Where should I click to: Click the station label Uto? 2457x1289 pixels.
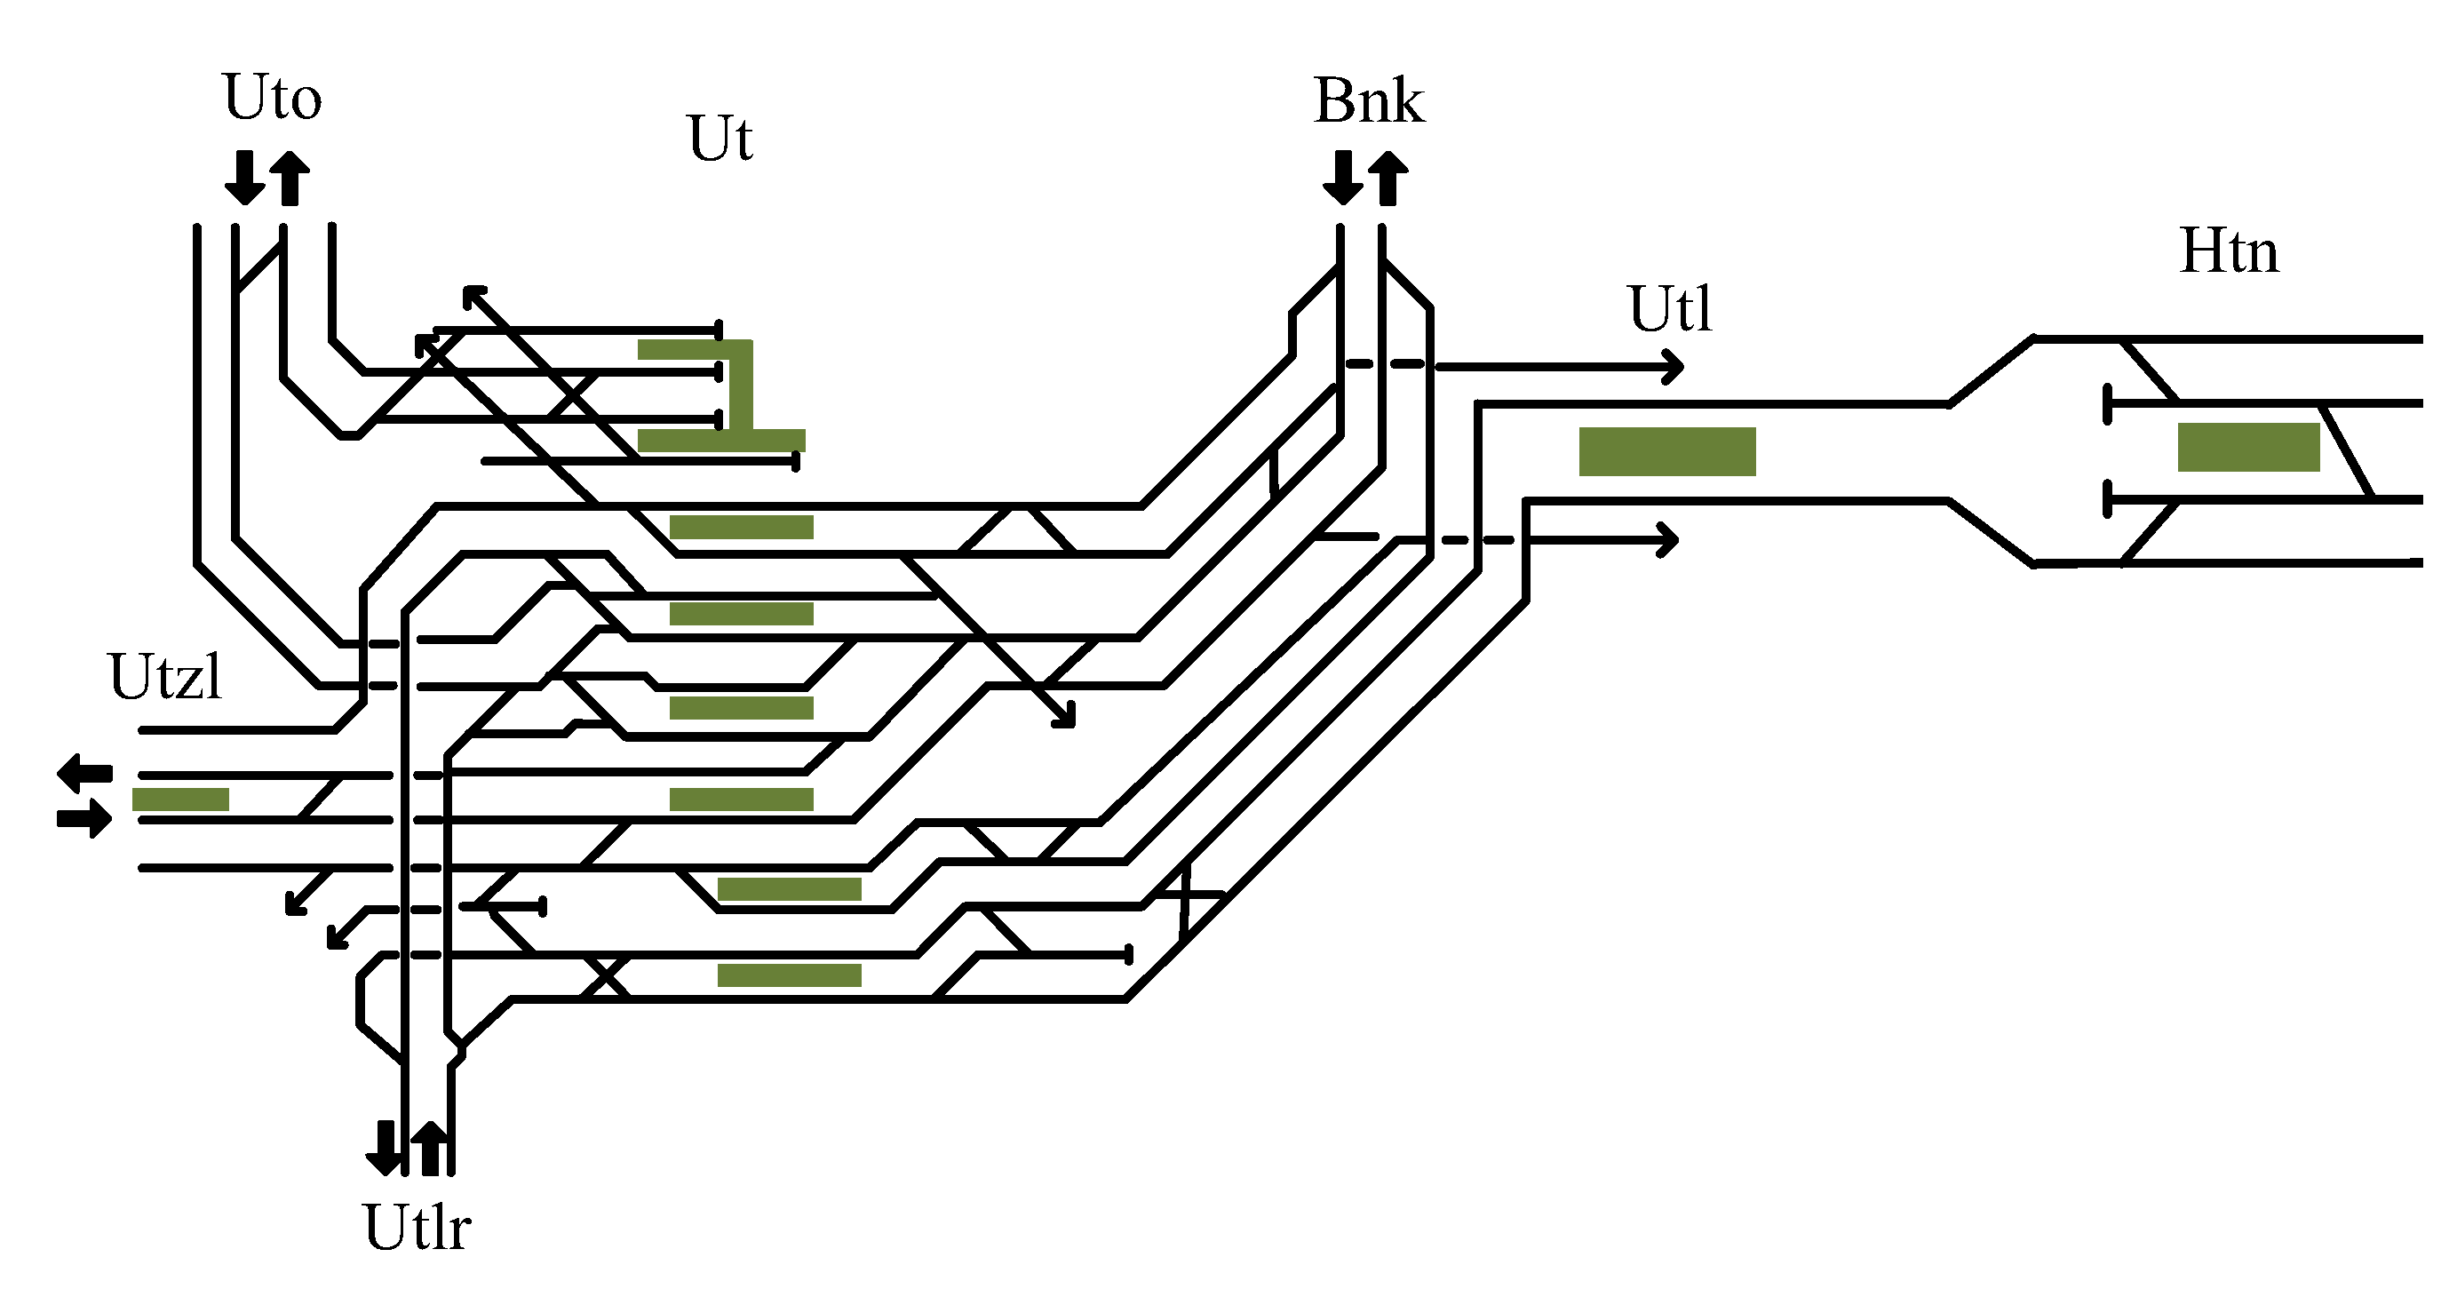[273, 98]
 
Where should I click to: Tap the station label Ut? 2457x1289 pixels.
[720, 139]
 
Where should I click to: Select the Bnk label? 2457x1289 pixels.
[1369, 101]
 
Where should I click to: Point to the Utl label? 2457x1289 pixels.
[1670, 309]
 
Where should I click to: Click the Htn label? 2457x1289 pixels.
[2229, 252]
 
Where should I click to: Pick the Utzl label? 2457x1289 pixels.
[166, 678]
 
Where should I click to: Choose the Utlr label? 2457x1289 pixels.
[417, 1227]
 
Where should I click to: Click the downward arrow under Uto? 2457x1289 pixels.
[244, 179]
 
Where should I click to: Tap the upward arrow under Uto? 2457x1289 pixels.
[290, 179]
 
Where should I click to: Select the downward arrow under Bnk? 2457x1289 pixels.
[1342, 179]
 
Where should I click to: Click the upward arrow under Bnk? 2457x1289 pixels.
[1388, 179]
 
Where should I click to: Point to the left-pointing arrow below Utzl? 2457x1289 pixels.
[83, 772]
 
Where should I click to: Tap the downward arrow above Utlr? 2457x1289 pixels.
[385, 1148]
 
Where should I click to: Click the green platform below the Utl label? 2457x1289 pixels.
[1666, 451]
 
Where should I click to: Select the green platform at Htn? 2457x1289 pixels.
[2248, 447]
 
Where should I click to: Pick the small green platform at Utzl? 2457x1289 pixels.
[180, 800]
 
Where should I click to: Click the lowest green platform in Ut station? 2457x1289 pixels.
[789, 975]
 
